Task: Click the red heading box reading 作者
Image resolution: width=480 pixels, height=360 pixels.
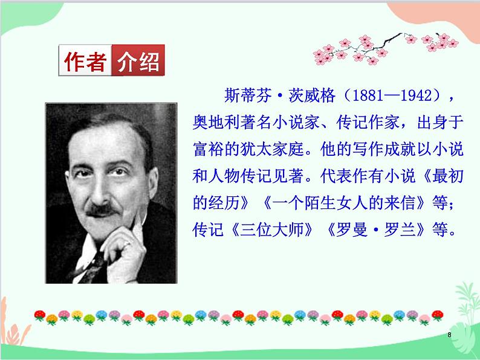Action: pos(85,62)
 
